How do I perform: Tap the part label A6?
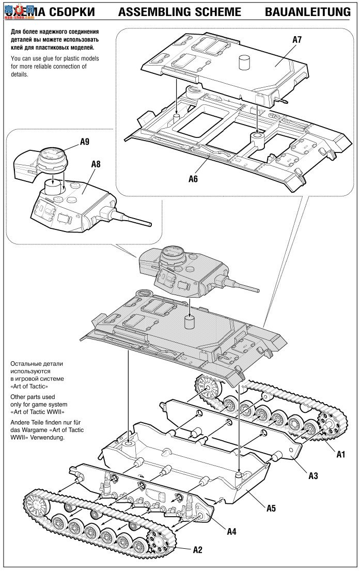[193, 179]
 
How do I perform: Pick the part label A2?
[197, 549]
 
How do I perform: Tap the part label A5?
[271, 507]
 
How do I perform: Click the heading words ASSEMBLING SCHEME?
[179, 12]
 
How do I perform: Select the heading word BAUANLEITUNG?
[308, 12]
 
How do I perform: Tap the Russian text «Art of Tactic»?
[28, 386]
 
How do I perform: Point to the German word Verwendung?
[48, 437]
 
